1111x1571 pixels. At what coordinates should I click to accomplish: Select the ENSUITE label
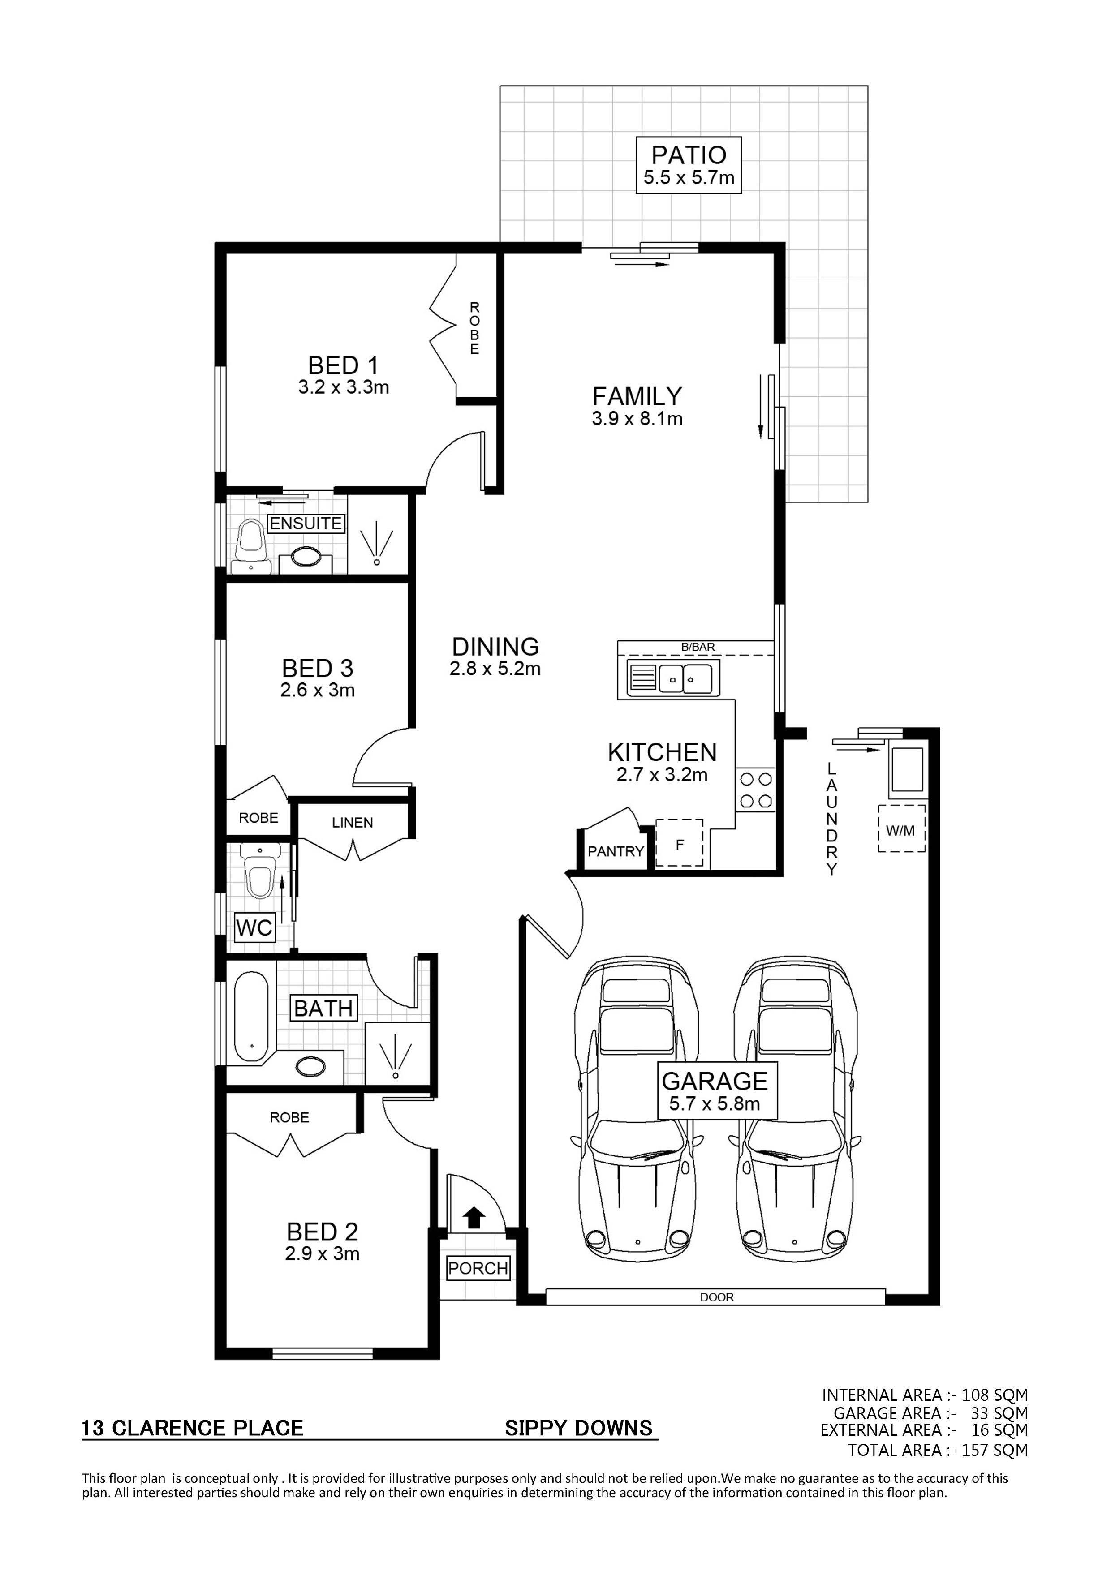[x=306, y=524]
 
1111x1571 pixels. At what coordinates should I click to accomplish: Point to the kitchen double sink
[x=671, y=679]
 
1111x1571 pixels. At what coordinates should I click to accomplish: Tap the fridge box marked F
[x=680, y=844]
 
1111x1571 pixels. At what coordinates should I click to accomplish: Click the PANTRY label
[x=616, y=851]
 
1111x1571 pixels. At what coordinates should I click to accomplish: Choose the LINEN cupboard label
[x=353, y=823]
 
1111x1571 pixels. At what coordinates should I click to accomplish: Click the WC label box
[x=254, y=928]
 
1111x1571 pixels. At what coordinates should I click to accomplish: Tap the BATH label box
[x=323, y=1008]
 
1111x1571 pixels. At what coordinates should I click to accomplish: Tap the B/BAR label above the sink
[x=698, y=647]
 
